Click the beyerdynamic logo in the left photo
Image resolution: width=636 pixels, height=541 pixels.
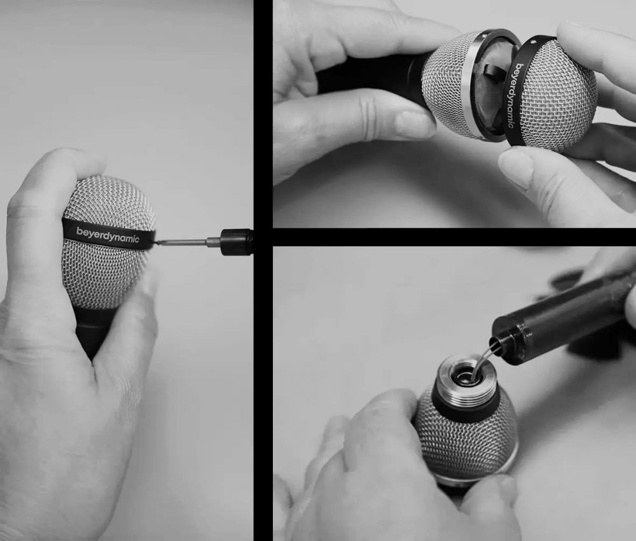pos(107,235)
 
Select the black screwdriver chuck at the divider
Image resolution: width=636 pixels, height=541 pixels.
pos(237,242)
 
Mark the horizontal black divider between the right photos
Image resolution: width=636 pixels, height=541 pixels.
pos(454,237)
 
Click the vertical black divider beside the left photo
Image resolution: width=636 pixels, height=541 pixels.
pos(263,270)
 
